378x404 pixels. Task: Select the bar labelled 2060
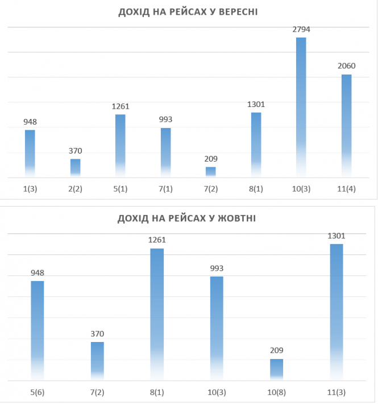[346, 125]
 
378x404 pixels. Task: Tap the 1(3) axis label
[30, 189]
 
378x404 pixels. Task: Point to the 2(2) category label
[75, 189]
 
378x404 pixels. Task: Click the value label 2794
[301, 29]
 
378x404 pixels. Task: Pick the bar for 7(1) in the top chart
[165, 152]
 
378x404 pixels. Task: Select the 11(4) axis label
[346, 189]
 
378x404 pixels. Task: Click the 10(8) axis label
[276, 393]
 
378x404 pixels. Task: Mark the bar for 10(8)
[276, 369]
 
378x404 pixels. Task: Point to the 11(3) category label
[336, 393]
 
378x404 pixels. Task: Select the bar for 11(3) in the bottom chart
[337, 311]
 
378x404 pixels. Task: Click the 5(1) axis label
[120, 189]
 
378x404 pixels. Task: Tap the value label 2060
[346, 66]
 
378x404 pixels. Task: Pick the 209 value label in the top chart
[211, 159]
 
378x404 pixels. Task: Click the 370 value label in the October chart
[97, 334]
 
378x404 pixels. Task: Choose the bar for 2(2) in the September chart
[75, 168]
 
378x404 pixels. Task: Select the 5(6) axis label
[38, 393]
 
